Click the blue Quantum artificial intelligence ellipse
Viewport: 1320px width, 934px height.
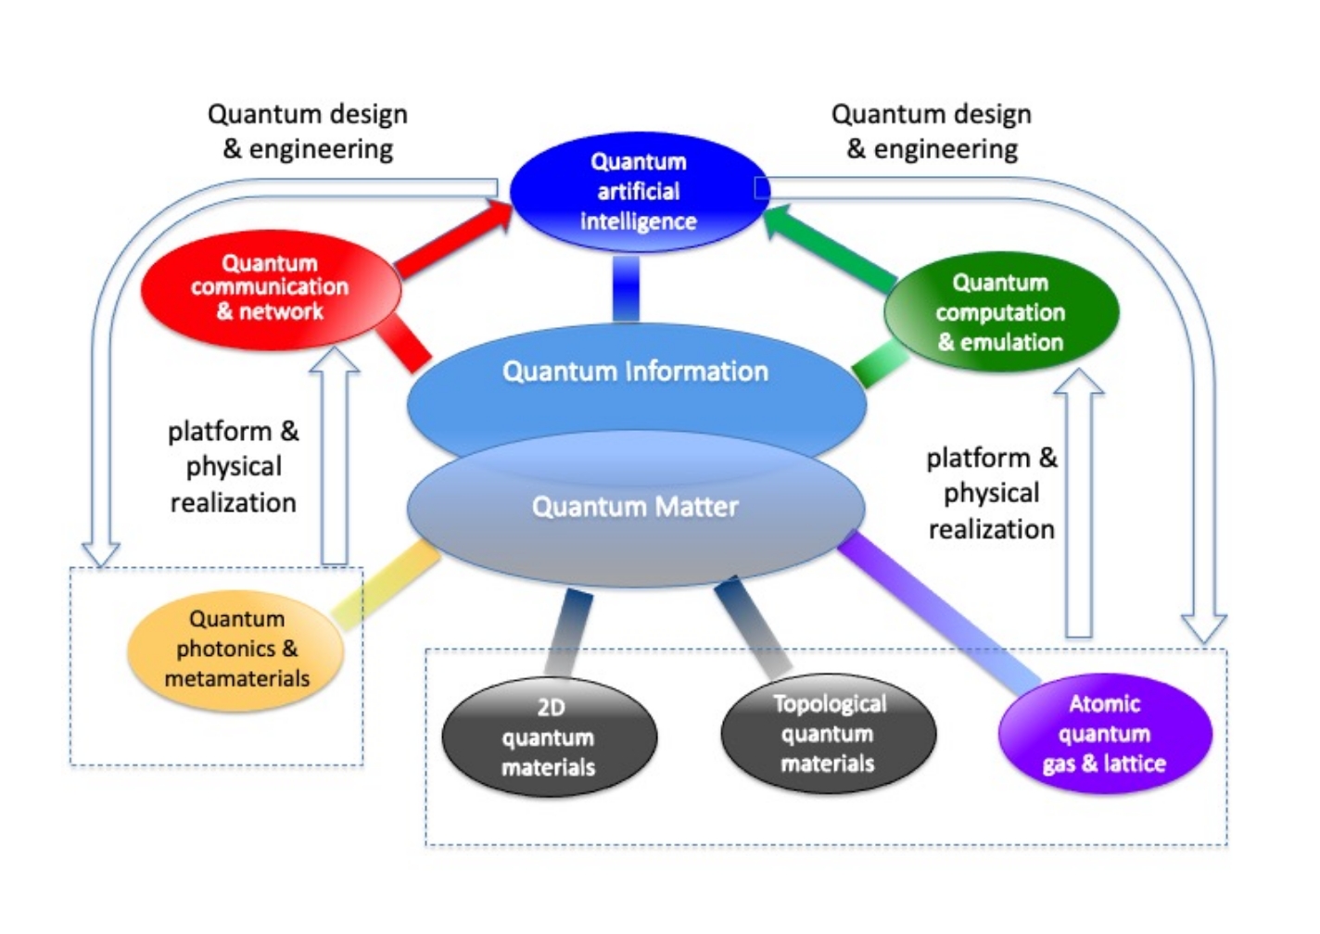(639, 192)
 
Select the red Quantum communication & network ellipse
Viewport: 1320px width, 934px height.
(270, 288)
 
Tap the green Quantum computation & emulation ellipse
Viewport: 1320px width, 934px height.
(1001, 312)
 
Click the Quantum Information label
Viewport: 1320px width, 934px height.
(635, 372)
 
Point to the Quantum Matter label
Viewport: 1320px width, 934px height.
(635, 507)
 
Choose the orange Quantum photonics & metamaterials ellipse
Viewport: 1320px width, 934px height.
(236, 650)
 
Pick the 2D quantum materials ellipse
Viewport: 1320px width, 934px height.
(549, 738)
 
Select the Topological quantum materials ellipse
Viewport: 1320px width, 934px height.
(828, 734)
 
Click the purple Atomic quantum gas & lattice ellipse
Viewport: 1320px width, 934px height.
(1104, 734)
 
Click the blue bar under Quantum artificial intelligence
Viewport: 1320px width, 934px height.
(627, 288)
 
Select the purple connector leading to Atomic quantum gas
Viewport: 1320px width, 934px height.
(936, 607)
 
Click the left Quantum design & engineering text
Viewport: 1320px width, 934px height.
(308, 132)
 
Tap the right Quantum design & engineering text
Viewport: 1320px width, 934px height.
(932, 132)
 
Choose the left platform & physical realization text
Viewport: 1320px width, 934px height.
(234, 467)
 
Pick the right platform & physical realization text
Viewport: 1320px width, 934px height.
(991, 493)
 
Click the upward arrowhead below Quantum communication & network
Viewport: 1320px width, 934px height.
(334, 361)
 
